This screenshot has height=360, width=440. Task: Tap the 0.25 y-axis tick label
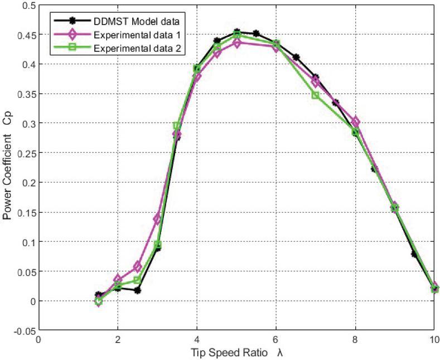(25, 153)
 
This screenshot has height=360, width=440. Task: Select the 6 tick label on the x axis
(276, 340)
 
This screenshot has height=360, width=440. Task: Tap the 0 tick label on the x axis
(38, 340)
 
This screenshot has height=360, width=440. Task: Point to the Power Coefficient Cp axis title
(8, 167)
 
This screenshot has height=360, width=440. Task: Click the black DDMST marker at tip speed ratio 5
(236, 32)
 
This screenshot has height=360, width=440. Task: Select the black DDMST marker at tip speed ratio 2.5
(138, 290)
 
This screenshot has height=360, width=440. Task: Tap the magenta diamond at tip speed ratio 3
(157, 219)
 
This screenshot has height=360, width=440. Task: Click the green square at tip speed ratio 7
(316, 95)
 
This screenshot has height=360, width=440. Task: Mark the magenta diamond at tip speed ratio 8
(355, 122)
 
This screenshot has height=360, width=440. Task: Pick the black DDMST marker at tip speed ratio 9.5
(414, 254)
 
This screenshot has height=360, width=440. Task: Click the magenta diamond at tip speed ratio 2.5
(138, 267)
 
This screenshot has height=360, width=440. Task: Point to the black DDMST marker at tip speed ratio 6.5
(296, 57)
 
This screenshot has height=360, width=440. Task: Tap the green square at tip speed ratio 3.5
(177, 126)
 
